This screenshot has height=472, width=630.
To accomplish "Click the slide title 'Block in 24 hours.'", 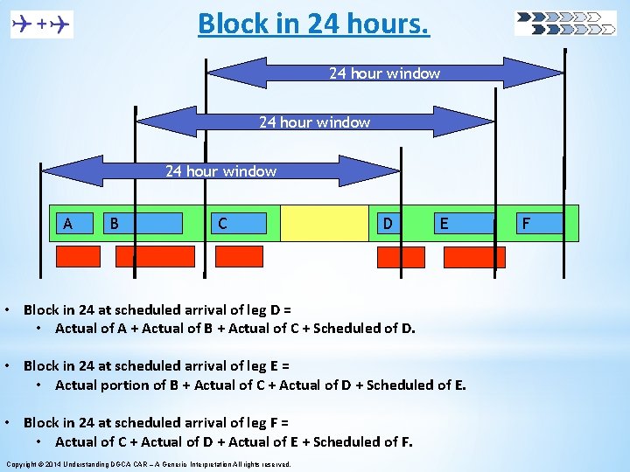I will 313,24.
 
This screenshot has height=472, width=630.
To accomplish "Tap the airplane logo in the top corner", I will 42,25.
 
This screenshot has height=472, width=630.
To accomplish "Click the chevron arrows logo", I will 565,24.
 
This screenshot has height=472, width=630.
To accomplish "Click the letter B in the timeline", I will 114,224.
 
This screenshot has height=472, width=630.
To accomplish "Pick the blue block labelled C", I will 239,224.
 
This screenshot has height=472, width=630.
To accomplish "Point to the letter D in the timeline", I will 388,224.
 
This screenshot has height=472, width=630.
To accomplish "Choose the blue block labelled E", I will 463,224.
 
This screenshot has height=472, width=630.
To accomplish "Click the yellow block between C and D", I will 325,223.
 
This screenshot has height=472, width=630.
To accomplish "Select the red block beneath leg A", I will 78,256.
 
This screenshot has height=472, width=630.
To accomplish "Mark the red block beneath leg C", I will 239,256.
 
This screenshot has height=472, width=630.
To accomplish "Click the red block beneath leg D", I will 401,257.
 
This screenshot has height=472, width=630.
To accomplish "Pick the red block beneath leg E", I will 474,257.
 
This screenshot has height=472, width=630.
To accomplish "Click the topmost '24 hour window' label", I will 384,73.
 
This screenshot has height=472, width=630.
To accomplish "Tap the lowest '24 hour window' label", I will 221,171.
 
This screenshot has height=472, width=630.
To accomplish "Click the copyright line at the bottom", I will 149,463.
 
